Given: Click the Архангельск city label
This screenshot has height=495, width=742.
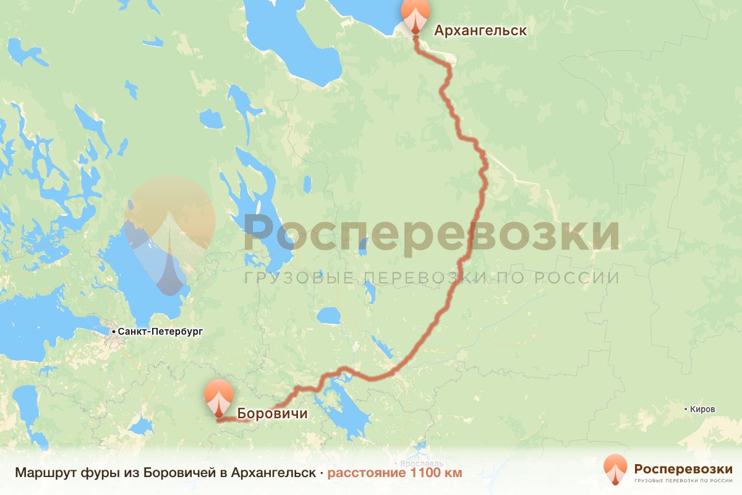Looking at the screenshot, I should [x=480, y=30].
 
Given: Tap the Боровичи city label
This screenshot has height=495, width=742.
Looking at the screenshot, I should [x=272, y=413].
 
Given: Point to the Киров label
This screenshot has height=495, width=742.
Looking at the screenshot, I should [x=703, y=410].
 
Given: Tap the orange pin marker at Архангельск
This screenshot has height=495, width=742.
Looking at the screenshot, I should [x=414, y=15].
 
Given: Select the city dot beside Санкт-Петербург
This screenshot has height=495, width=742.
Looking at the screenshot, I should [x=114, y=332].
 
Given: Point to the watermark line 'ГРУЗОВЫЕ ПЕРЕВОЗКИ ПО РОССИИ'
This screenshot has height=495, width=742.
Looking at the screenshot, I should [x=432, y=278].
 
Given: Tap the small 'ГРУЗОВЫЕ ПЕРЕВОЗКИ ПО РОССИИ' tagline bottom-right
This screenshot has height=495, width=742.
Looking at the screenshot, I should [x=683, y=480].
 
